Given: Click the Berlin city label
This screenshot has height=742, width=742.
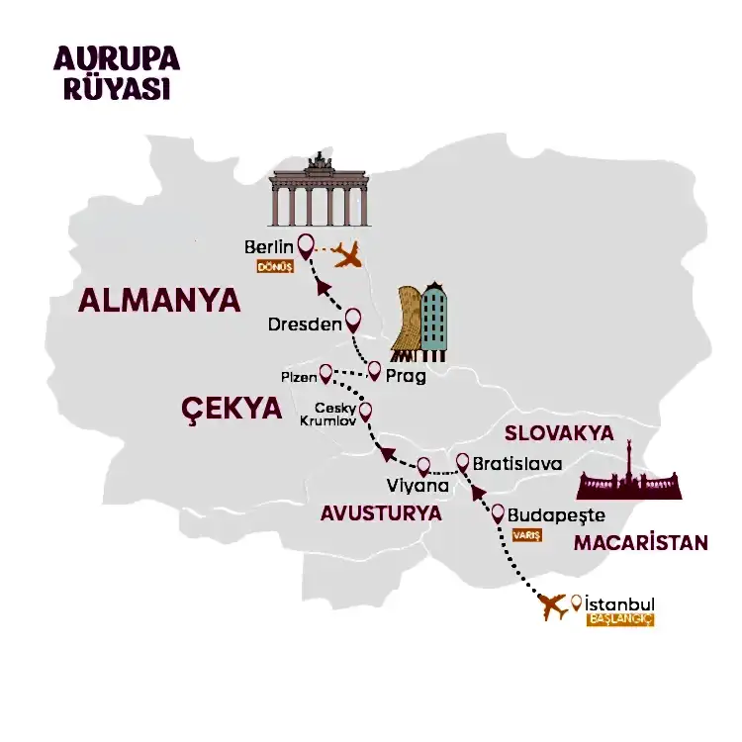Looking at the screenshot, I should coord(269,246).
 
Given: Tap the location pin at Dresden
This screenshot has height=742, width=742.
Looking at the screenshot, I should coord(352,320).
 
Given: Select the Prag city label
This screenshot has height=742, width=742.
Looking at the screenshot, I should coord(408,376).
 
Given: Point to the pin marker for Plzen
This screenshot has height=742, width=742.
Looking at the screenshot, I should coord(325,373).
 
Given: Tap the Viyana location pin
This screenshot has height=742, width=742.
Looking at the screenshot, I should coord(423,465).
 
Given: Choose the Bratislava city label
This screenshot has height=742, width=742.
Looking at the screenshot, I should coord(517,463).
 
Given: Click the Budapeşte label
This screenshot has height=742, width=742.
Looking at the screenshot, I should coord(556,516).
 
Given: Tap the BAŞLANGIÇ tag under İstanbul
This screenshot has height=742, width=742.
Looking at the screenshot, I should coord(621,620).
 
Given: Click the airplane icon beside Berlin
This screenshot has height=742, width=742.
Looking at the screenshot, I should coord(348,256).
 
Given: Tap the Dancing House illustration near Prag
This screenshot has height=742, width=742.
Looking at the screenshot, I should coord(419,321).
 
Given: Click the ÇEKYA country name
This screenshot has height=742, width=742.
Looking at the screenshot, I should coord(231,409).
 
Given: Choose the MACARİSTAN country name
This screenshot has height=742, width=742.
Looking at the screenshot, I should coord(641,542).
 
